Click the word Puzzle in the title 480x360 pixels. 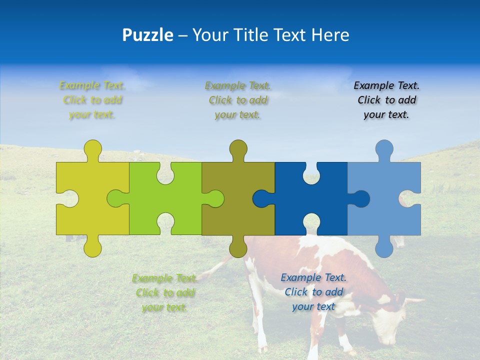point(148,35)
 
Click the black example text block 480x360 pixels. point(386,100)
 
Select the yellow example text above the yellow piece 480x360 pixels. point(92,100)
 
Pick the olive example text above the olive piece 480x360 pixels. point(238,100)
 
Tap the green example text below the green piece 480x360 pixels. point(165,292)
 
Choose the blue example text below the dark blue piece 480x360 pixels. point(313,292)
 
